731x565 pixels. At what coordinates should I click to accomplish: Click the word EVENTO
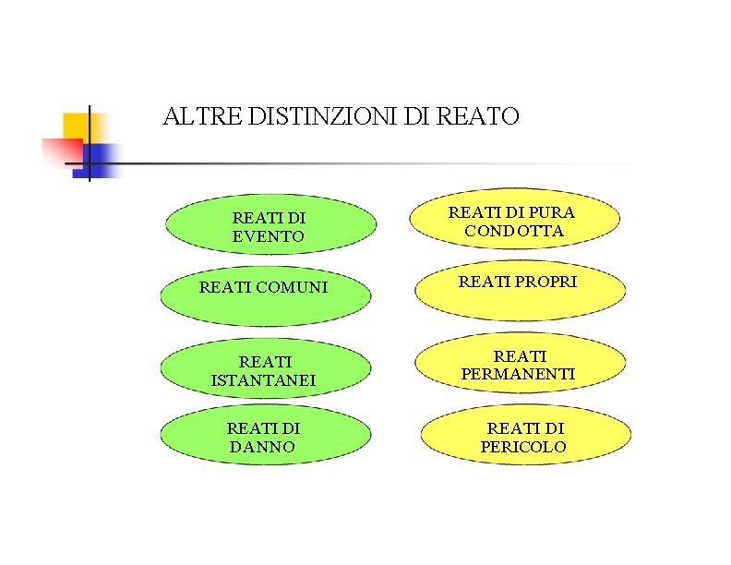(x=268, y=236)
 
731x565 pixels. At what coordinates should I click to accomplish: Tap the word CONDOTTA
(x=514, y=231)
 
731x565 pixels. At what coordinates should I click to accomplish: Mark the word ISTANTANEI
(x=263, y=380)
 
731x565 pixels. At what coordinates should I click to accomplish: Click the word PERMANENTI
(x=518, y=374)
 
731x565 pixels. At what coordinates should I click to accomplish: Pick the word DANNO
(x=262, y=447)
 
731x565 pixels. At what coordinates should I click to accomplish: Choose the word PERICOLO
(x=523, y=447)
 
